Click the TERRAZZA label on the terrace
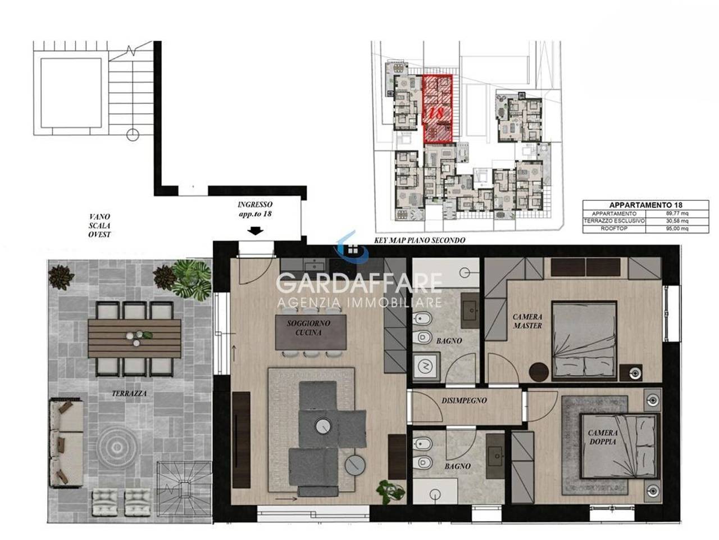coord(129,393)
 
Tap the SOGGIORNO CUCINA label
coord(308,327)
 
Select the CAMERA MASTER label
coord(527,321)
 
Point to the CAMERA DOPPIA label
coord(603,437)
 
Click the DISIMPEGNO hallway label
coord(464,400)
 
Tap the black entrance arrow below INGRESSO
coord(255,231)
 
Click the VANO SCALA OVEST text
coord(99,226)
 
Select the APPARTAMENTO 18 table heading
coord(645,205)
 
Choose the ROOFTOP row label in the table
coord(614,228)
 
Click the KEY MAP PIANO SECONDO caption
coord(420,240)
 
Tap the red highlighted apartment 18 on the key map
coord(438,109)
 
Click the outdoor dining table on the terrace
coord(134,339)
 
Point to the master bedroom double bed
coord(584,341)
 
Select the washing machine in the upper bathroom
coord(426,367)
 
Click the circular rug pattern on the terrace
coord(117,447)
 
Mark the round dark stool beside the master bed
coord(539,372)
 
